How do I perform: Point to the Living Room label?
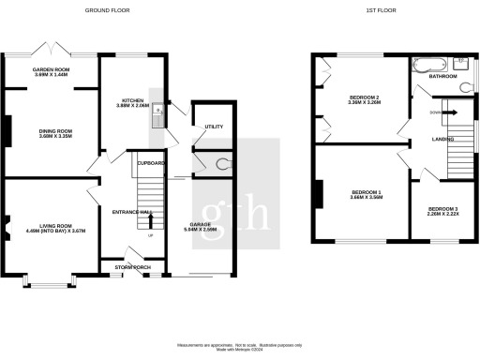51,221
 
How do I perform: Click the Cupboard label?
151,163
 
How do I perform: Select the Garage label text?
212,224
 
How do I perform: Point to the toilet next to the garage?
221,164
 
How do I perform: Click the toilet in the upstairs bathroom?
466,86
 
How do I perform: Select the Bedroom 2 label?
364,97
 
